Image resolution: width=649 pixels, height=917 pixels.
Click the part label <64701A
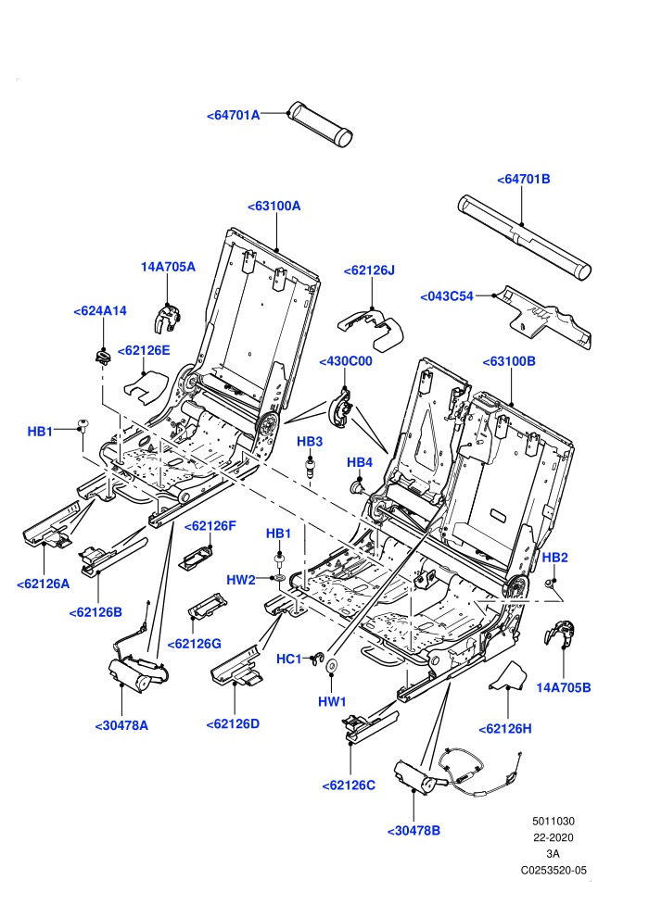(234, 115)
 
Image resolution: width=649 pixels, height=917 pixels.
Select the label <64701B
(524, 180)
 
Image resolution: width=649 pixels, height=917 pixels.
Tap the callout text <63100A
(274, 207)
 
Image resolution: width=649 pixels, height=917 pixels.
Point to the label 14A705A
(168, 268)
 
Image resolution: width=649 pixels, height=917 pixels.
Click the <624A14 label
(100, 311)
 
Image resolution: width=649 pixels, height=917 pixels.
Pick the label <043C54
(447, 296)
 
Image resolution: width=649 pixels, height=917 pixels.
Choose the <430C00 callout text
(346, 361)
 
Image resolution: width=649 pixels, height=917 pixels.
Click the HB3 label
(310, 442)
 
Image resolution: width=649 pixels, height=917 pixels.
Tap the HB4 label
(360, 462)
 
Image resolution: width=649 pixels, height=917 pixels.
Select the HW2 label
(241, 580)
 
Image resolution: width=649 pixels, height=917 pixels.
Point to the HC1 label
(289, 659)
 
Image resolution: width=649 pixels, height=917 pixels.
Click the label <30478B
(414, 831)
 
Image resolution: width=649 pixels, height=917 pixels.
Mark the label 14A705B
(564, 687)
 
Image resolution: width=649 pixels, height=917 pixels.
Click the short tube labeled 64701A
(320, 124)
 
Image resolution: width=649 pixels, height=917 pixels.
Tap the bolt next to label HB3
(311, 468)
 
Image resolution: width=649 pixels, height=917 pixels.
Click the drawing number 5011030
(554, 821)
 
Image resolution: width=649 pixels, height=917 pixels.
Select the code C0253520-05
(554, 871)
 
